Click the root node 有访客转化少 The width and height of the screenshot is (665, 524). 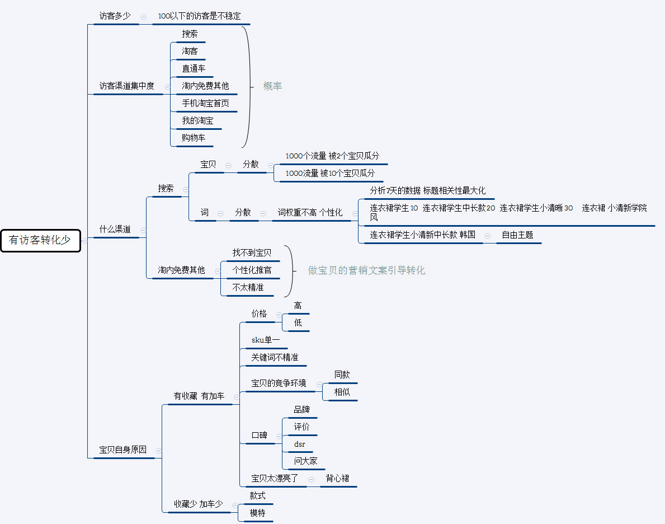pos(40,240)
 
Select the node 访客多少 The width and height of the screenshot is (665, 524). pos(115,16)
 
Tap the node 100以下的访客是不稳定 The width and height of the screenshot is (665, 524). pos(200,16)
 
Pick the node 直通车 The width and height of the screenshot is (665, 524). pos(194,68)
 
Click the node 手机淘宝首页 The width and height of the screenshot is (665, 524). pos(205,103)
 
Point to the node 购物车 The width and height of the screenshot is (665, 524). pos(194,138)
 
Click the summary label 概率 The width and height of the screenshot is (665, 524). pos(273,86)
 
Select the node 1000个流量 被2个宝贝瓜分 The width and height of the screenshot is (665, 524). pos(332,156)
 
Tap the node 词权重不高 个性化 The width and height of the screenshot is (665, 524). pos(310,213)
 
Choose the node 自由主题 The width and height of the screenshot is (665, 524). pos(517,235)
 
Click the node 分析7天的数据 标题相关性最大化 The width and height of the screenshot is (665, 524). pos(428,190)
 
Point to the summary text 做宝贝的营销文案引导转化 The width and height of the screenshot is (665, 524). pos(366,270)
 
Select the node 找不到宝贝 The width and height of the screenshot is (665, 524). pos(252,253)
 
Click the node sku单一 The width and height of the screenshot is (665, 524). pos(266,340)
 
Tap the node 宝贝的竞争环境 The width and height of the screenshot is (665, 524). pos(279,383)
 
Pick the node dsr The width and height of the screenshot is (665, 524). pos(300,445)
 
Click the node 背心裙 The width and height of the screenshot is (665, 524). pos(338,479)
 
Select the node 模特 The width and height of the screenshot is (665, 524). pos(257,513)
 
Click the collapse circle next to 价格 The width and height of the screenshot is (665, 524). pos(279,315)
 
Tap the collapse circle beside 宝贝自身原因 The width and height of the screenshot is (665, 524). pos(159,451)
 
